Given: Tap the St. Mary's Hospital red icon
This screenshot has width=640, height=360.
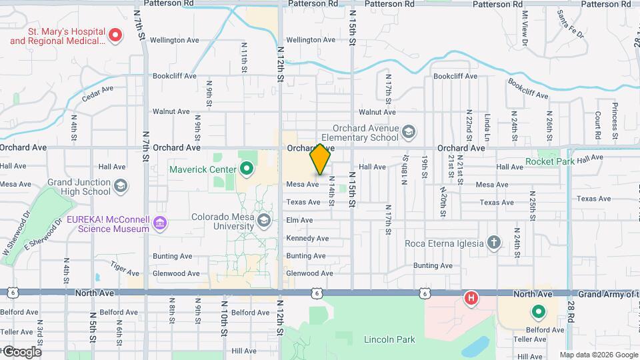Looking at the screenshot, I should point(115,35).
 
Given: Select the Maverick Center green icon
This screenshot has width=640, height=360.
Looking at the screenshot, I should point(247,169).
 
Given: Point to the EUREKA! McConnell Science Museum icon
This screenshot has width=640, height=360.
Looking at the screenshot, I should point(160,223).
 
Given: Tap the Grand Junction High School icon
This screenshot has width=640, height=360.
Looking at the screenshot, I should point(121,185).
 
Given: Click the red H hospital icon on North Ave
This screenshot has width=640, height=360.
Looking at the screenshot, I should point(471,297).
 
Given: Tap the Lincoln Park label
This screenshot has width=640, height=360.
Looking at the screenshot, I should point(389,339).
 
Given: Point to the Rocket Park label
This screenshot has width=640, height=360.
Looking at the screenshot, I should point(551,161).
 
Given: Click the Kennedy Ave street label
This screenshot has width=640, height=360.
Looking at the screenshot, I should point(307,238).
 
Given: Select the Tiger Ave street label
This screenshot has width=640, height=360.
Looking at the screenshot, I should point(125,269).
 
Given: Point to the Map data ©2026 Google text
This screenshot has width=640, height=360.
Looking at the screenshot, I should point(599,355).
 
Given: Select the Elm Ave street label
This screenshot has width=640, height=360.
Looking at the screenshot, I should point(299,220).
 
